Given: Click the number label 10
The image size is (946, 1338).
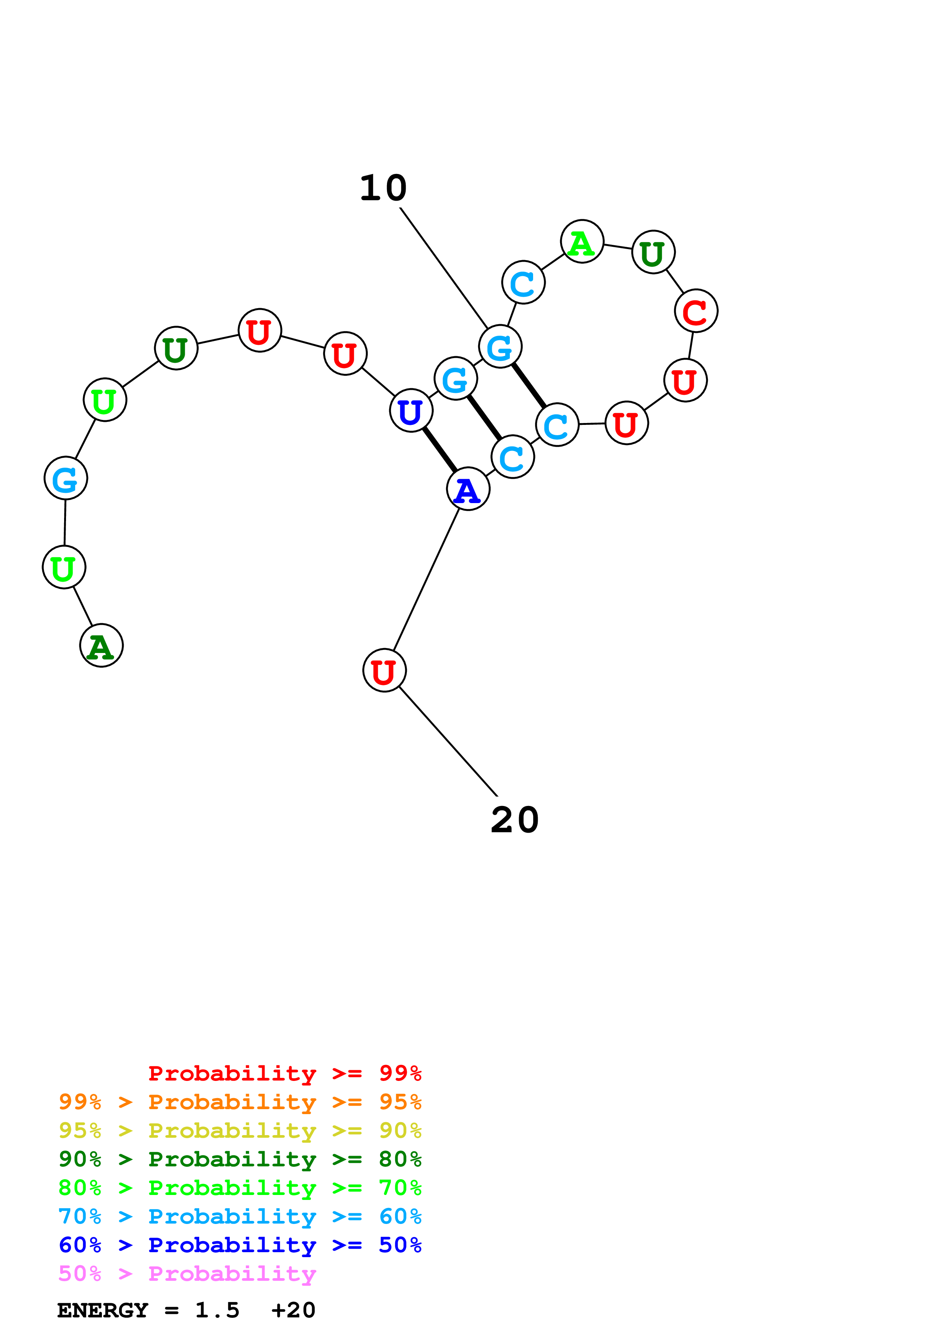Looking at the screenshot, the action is [383, 188].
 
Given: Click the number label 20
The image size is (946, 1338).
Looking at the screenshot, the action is [515, 820].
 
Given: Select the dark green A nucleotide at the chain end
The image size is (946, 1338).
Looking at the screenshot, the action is [102, 646].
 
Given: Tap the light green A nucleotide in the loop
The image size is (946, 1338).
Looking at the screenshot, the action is [582, 242].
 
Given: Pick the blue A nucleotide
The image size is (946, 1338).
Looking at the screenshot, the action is [468, 489].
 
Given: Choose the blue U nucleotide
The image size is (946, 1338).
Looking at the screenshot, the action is [411, 411].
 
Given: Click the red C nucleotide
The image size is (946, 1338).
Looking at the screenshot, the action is [696, 311].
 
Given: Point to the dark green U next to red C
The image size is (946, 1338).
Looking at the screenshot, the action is [653, 252].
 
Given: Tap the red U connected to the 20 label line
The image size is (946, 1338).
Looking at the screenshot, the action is [384, 671].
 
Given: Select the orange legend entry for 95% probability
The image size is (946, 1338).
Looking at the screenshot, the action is [240, 1102].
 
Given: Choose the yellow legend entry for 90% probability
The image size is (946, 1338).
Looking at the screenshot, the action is [240, 1131].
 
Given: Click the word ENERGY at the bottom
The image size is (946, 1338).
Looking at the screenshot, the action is [103, 1311].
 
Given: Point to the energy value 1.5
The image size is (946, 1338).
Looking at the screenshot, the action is [217, 1311].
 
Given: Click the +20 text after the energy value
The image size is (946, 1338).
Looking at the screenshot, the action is [293, 1311].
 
